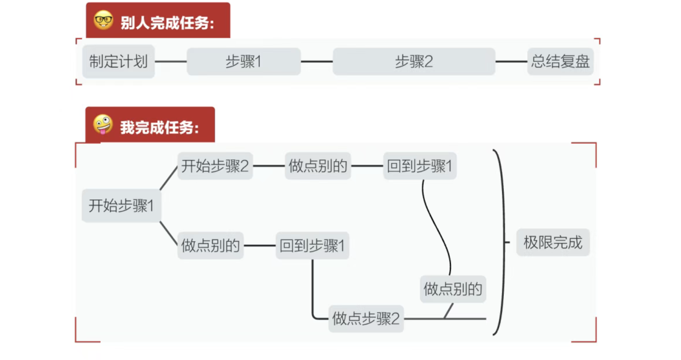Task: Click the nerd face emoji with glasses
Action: pos(103,20)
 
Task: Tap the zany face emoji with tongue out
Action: pos(103,124)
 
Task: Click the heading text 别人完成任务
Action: pos(167,23)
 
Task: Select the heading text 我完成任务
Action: pos(160,127)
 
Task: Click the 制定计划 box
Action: pos(119,61)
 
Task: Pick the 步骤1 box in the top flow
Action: pos(243,61)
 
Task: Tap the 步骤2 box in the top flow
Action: pos(414,61)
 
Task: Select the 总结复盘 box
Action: pos(560,61)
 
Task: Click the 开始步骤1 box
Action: pos(121,206)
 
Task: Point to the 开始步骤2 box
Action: pos(215,166)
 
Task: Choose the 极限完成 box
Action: pos(553,242)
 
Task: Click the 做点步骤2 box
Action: pos(366,319)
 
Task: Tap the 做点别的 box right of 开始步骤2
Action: pos(318,166)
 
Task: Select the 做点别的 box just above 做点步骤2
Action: pos(453,289)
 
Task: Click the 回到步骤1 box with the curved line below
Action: pos(420,166)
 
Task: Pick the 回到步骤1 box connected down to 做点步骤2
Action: pos(312,246)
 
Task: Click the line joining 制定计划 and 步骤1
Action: pos(171,61)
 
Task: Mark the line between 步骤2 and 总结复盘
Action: pos(511,61)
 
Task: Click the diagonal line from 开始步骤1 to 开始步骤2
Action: pos(169,178)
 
